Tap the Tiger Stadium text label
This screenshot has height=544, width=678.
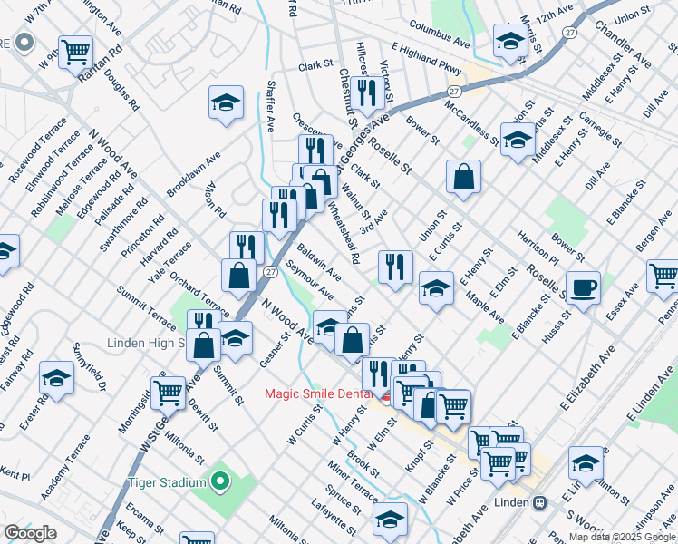tap(168, 482)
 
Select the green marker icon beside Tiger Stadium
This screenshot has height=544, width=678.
tap(219, 481)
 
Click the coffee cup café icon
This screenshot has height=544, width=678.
tap(583, 287)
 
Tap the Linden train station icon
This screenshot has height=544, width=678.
tap(538, 502)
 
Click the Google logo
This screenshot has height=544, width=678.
tap(31, 533)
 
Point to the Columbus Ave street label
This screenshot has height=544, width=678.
tap(439, 35)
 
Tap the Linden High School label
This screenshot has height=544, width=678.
tap(145, 344)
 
